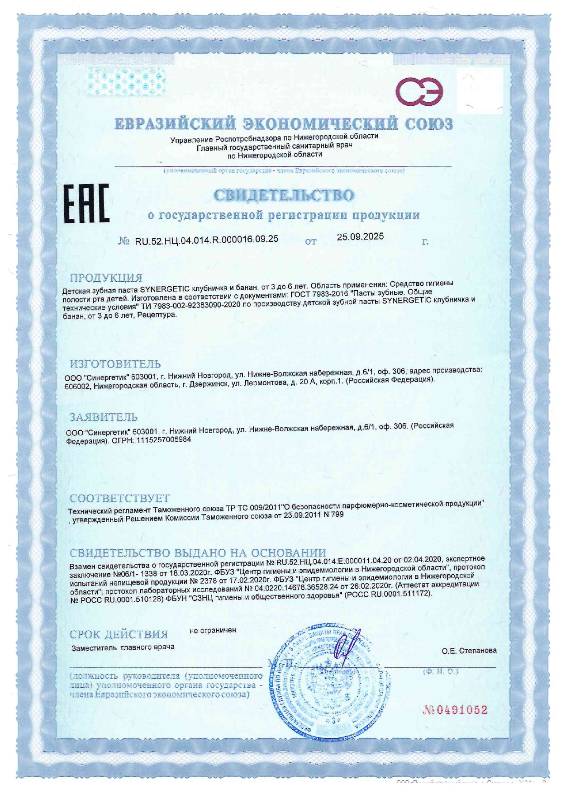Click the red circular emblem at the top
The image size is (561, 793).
419,91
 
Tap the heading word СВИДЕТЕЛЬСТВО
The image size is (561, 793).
284,195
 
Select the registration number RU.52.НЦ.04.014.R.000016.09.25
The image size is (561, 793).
207,240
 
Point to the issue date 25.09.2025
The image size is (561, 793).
360,236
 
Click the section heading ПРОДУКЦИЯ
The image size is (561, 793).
106,278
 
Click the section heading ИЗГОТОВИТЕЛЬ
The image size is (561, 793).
115,363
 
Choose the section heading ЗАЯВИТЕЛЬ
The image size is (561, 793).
104,417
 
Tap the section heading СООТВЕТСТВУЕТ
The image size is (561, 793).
119,498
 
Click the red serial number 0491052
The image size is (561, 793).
455,710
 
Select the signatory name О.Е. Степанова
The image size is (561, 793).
469,651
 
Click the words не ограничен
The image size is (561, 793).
213,630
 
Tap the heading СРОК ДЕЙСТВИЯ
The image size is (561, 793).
119,634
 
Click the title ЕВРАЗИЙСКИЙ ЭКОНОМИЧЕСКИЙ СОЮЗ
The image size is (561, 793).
283,123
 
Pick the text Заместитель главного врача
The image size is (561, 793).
123,647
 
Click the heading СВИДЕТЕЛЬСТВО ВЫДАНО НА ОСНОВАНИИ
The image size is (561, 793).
198,552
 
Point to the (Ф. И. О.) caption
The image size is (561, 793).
440,671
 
